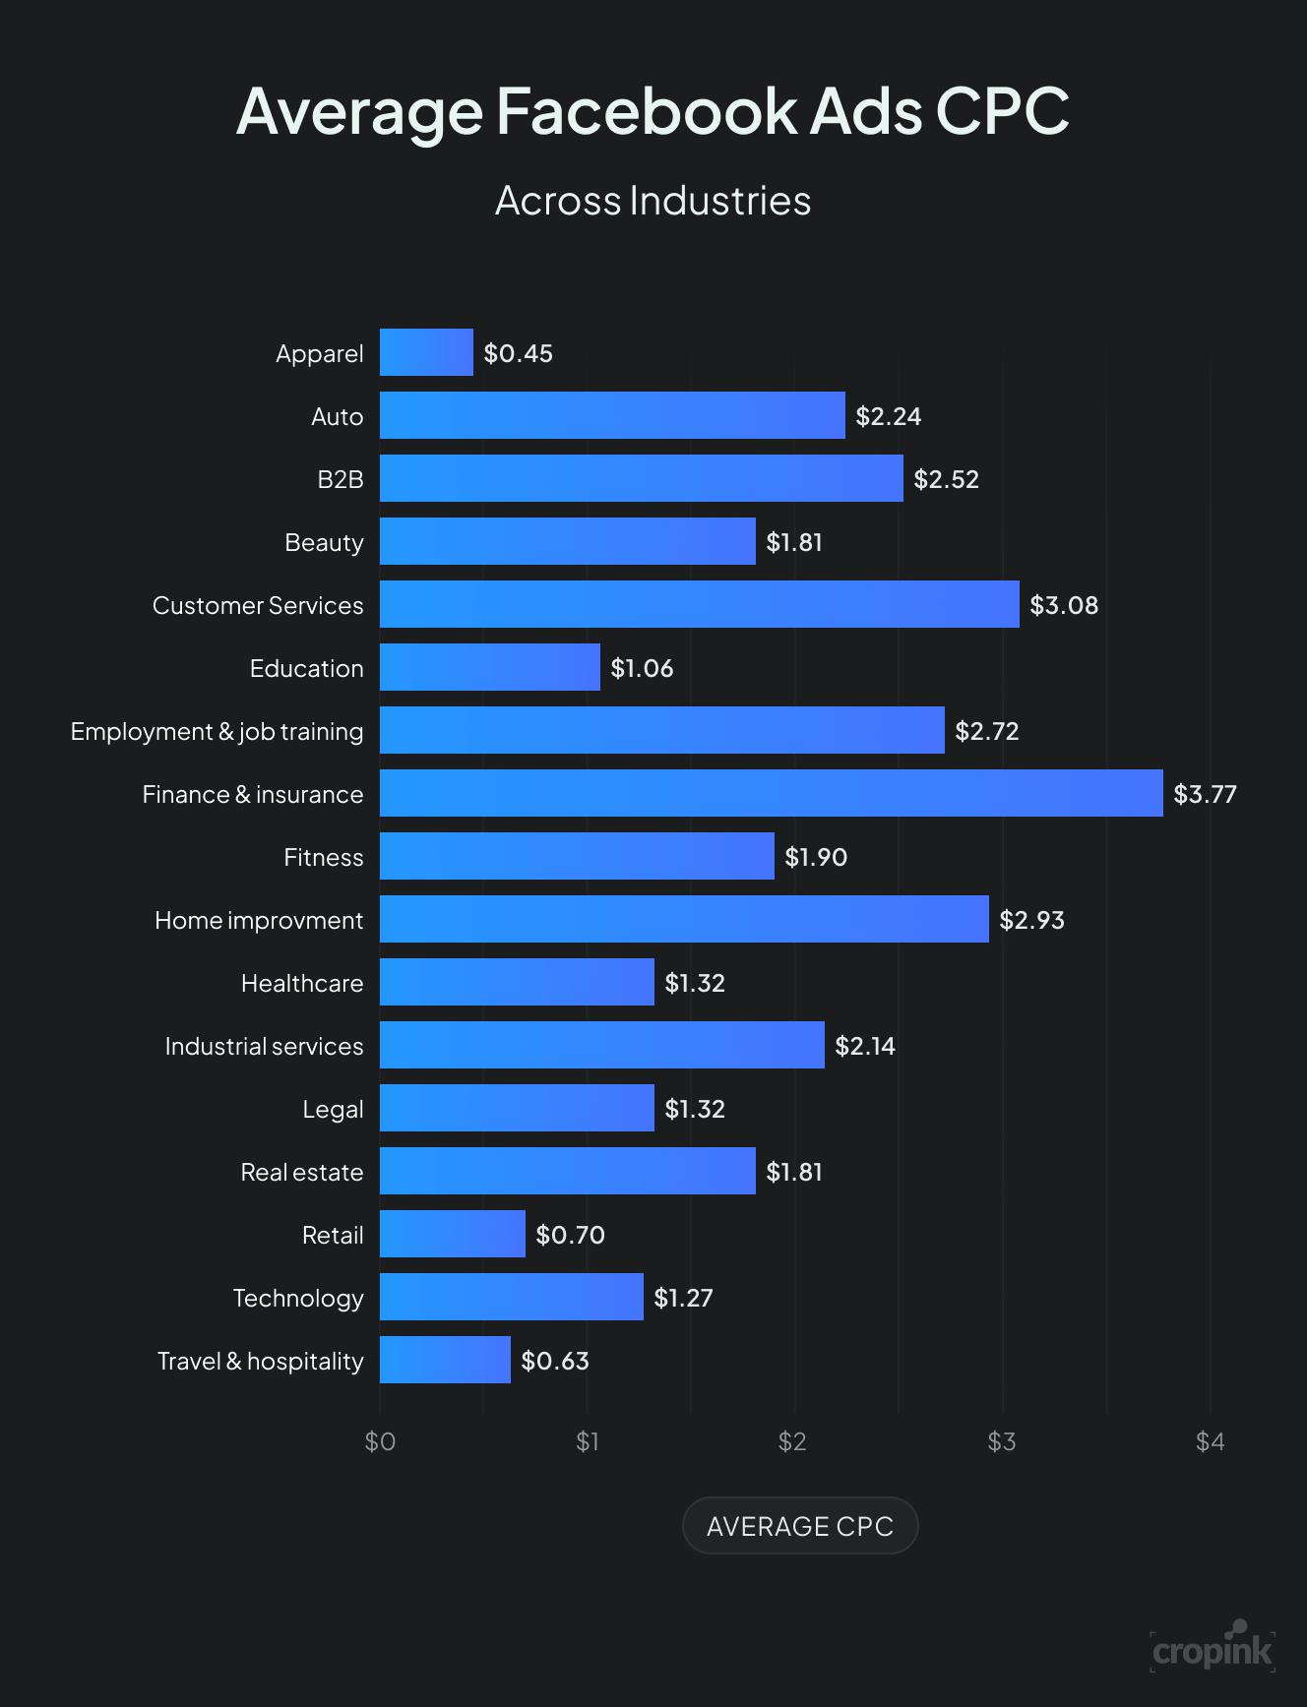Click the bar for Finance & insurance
[771, 793]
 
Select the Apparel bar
[426, 352]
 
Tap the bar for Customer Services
[699, 604]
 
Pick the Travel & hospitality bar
[445, 1360]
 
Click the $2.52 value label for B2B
[946, 479]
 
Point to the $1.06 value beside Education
[642, 668]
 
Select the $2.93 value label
[1031, 920]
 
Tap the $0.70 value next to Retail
[570, 1235]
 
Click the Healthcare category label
[302, 983]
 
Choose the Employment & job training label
[217, 731]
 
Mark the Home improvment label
[259, 920]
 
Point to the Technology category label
[298, 1298]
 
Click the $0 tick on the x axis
[380, 1441]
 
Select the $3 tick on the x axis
[1002, 1441]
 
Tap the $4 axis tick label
[1210, 1441]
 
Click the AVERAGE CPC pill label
[799, 1526]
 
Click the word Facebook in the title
[646, 110]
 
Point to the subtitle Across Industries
[653, 201]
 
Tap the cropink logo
[1213, 1648]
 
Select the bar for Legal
[517, 1108]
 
